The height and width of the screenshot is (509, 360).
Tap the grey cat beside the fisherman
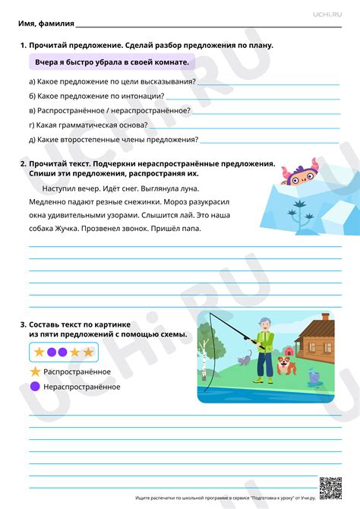point(245,358)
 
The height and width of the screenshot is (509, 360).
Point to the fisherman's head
point(264,323)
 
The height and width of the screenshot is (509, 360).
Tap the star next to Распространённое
point(34,371)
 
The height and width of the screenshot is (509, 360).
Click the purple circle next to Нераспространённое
point(34,387)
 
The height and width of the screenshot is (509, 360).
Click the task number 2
point(23,163)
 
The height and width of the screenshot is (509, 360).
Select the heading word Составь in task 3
point(47,324)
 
